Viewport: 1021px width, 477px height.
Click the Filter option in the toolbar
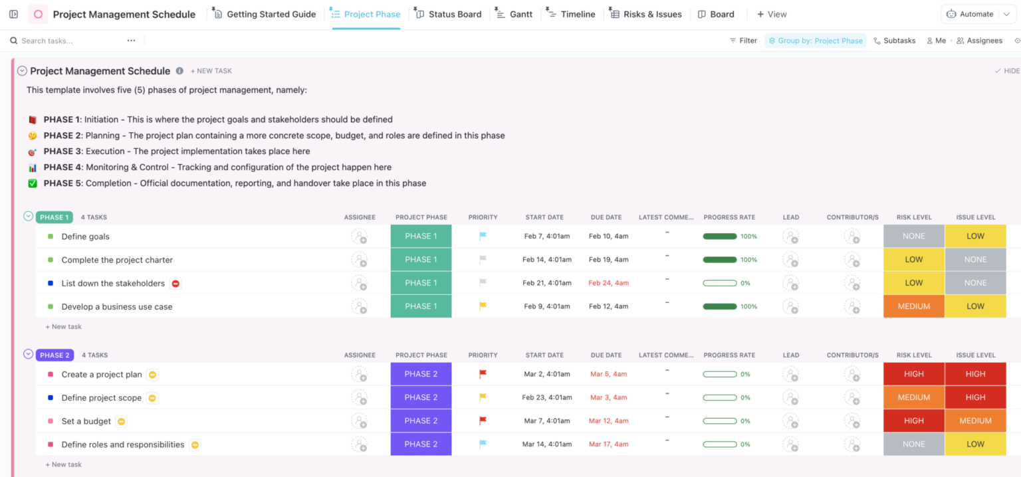pos(743,41)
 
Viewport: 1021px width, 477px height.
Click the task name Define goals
pos(85,237)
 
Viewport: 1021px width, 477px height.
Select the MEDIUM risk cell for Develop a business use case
pos(913,306)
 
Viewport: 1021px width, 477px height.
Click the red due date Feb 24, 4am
pos(608,283)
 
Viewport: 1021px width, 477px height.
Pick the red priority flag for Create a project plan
pos(483,374)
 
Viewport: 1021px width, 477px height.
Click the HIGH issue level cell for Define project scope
pos(975,397)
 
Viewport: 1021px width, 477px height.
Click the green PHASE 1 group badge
pos(54,217)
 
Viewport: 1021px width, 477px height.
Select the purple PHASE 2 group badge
pos(55,355)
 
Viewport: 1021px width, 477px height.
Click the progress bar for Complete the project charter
pos(720,260)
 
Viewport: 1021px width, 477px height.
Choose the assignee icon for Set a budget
pos(360,421)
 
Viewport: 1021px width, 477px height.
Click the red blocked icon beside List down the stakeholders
pos(175,284)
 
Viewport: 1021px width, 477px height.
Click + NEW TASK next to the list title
pos(211,71)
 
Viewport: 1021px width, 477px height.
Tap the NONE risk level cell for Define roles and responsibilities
pos(913,444)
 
